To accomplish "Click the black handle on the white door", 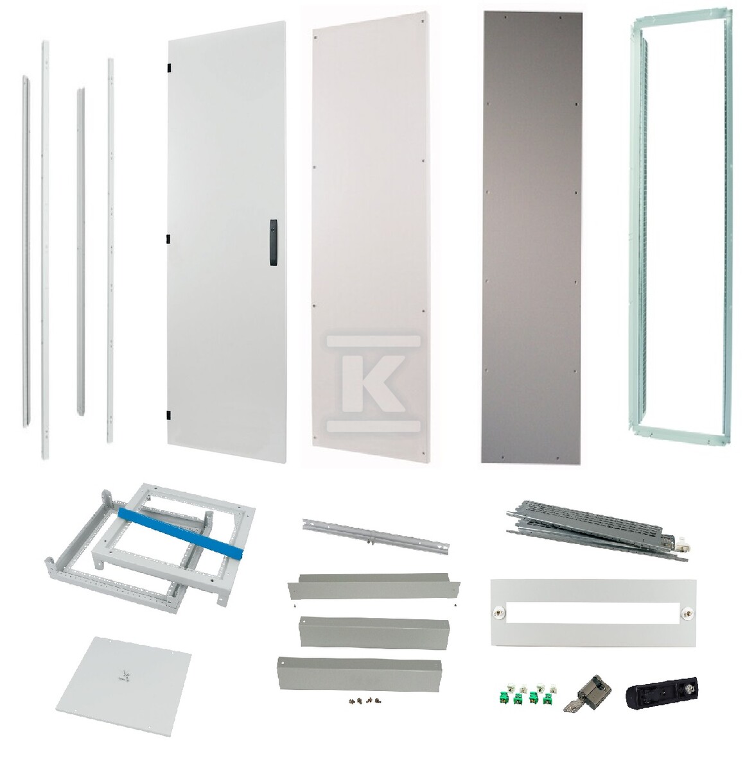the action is point(273,242).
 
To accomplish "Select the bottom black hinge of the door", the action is point(168,415).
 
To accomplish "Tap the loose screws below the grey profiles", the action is point(365,700).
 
